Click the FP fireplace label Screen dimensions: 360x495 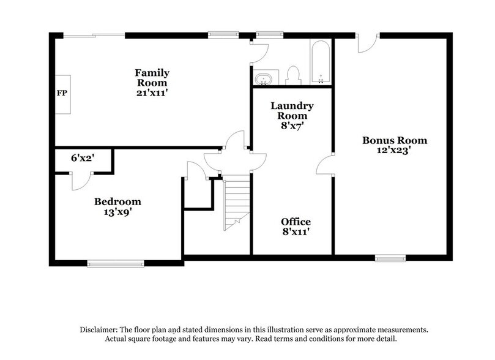click(62, 93)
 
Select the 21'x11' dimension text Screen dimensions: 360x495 click(152, 93)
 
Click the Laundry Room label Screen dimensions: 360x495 click(292, 111)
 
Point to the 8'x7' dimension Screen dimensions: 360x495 click(292, 126)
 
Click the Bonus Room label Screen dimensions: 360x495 click(394, 140)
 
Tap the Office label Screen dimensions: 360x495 click(296, 222)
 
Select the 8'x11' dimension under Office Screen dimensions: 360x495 click(296, 233)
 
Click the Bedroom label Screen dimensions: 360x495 click(117, 201)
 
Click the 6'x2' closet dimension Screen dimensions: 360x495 click(82, 158)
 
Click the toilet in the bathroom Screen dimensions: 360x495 click(292, 75)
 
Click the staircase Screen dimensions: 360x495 click(236, 202)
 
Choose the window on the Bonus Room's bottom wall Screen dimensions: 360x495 click(385, 258)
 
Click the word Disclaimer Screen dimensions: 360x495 click(102, 329)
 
